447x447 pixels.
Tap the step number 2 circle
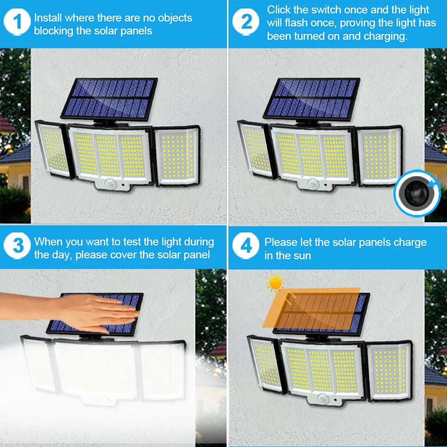[246, 22]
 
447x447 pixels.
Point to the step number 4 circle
[246, 245]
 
